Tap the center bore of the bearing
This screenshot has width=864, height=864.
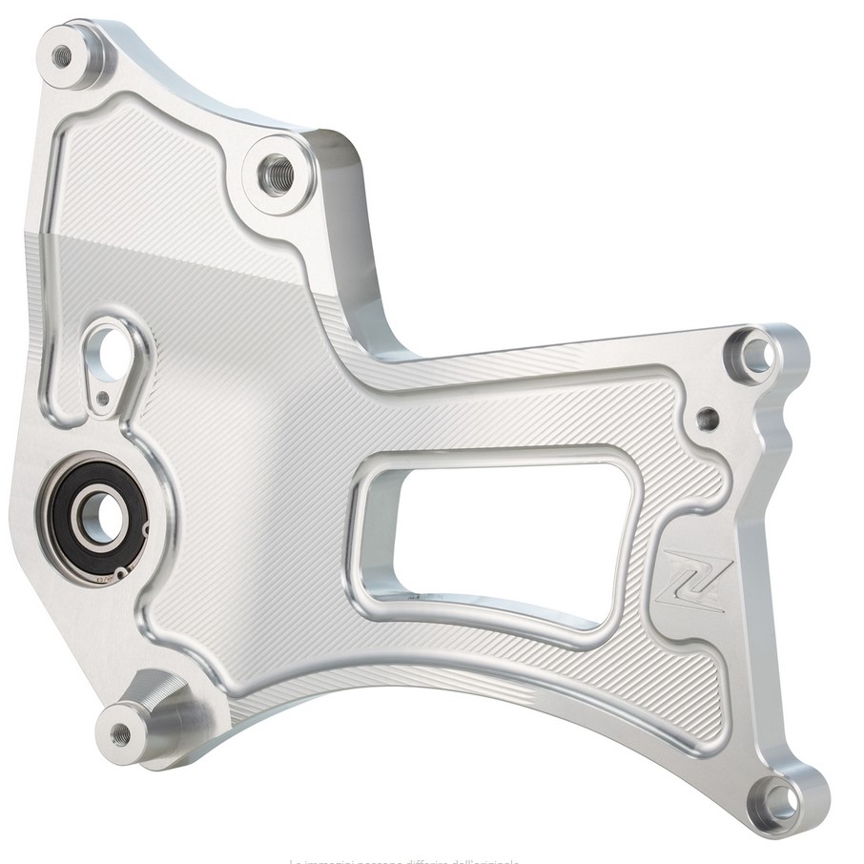97,517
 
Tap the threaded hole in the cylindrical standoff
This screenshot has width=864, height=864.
120,733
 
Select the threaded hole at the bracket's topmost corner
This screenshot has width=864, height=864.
62,54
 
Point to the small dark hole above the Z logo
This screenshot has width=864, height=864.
707,417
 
